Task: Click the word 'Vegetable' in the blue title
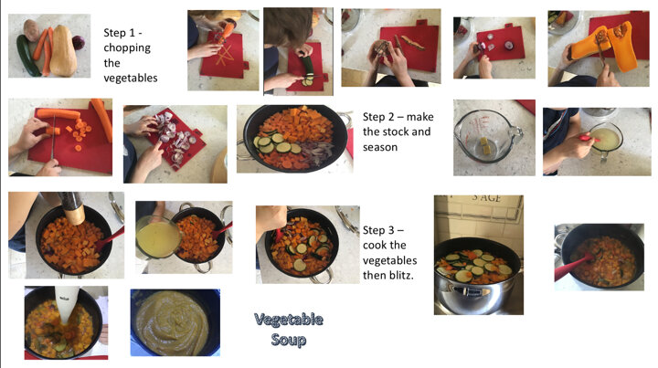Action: [289, 320]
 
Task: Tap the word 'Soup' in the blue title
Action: [289, 339]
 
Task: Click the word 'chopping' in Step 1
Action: [127, 48]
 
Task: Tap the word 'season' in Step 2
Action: [380, 147]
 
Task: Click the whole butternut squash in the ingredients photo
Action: [63, 50]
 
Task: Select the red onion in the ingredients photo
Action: [79, 42]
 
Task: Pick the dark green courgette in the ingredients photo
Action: [27, 56]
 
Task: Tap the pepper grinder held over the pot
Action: [72, 207]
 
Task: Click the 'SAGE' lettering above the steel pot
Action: [486, 198]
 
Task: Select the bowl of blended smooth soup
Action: [175, 322]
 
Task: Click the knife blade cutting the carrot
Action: [53, 139]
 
